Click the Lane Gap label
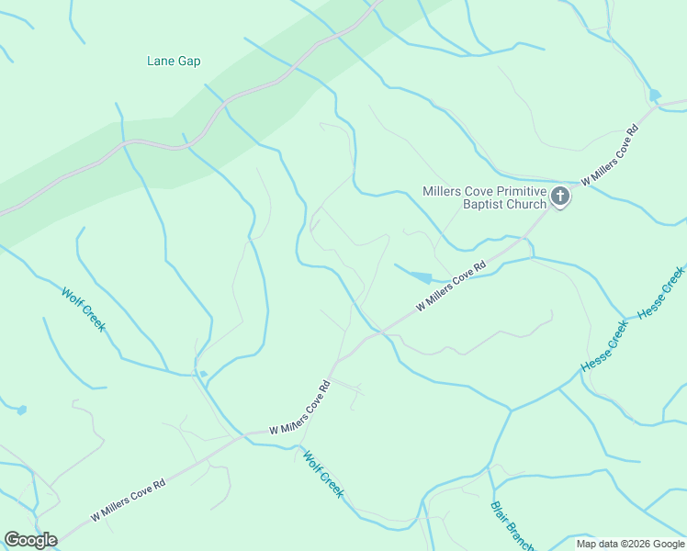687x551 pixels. pos(174,62)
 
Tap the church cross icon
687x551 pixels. pos(560,197)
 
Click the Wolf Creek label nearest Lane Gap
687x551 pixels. pos(84,309)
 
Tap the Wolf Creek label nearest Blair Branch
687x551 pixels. pos(323,473)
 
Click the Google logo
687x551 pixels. pos(30,540)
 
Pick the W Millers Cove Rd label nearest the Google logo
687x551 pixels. pos(128,501)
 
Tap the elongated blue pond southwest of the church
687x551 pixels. pos(418,276)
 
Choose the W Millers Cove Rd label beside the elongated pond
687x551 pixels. pos(450,288)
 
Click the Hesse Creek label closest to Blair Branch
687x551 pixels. pos(603,346)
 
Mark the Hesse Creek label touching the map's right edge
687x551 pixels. pos(662,292)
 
